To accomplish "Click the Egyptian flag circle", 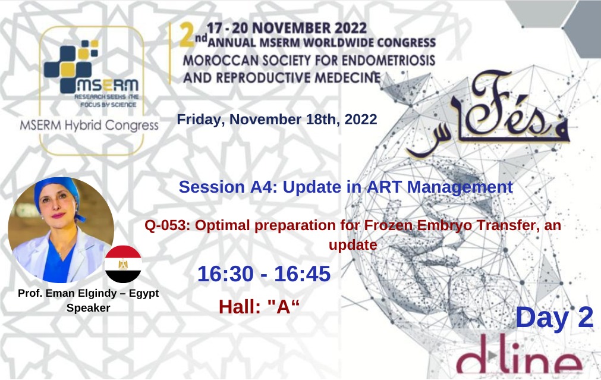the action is coord(123,264).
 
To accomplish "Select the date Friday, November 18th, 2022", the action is coord(277,120).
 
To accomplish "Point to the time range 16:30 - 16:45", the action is coord(264,274).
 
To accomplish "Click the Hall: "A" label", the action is coord(259,307).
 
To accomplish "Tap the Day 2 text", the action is coord(554,318).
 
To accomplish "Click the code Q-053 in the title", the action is coord(167,225).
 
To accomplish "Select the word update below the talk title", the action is coord(353,244).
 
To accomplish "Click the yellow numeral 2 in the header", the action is coord(187,35).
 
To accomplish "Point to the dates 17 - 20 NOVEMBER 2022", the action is coord(287,28).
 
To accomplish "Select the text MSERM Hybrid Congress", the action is coord(89,125).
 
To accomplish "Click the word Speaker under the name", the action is coord(88,308).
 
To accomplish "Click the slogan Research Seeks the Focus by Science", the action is coord(106,101).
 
